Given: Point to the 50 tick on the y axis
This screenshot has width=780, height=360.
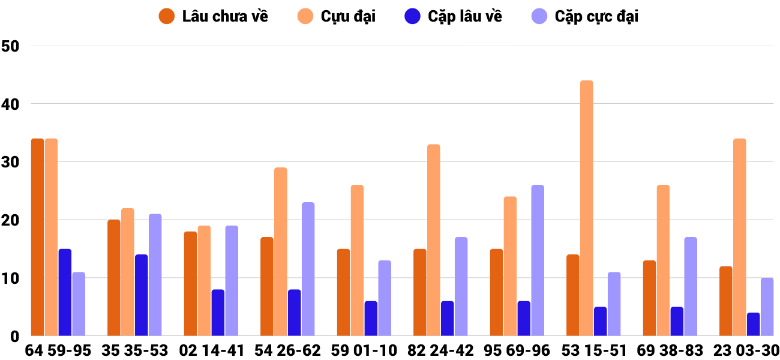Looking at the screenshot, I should (11, 46).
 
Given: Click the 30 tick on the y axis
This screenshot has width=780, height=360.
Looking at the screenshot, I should (11, 162).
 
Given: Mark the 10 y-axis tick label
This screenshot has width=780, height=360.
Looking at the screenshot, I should (11, 278).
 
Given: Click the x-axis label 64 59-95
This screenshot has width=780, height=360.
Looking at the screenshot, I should (58, 350).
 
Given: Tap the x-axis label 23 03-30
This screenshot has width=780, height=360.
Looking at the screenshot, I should (746, 350).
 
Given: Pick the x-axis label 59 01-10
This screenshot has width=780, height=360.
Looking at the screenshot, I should (364, 350).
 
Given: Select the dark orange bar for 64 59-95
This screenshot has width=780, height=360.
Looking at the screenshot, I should (37, 237).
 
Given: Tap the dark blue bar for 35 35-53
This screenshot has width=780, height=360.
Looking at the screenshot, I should (141, 295).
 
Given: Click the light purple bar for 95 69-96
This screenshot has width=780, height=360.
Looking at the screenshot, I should (537, 260).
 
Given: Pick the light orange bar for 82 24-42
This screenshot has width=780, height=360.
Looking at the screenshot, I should (433, 240).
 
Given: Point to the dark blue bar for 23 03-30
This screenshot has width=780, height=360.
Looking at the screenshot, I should (753, 324).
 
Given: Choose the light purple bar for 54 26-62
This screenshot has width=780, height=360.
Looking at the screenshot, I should (308, 269).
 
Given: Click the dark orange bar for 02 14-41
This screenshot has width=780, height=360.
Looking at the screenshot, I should (190, 283).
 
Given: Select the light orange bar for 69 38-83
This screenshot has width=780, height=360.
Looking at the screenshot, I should (663, 260).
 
